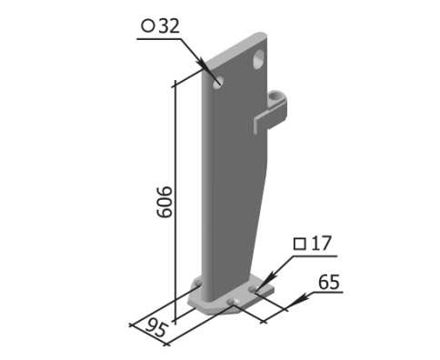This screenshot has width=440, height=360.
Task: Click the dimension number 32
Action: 169,26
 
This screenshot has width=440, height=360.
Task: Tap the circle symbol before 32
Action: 148,26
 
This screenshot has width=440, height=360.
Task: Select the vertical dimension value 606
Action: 165,202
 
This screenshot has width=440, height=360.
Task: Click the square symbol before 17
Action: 300,245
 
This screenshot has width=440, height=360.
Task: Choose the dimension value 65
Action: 329,282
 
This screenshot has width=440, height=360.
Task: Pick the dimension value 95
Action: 156,328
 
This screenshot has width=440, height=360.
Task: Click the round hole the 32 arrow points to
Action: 218,83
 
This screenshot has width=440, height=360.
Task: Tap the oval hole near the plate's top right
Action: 258,60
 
